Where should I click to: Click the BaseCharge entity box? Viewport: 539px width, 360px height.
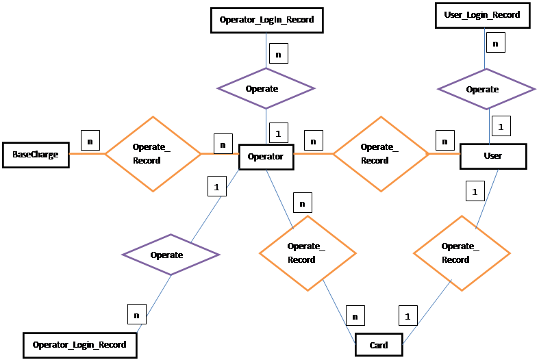coord(35,155)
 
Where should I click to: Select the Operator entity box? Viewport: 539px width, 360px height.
coord(266,157)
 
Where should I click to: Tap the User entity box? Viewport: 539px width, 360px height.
coord(492,156)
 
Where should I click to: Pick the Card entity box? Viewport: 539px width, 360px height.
coord(379,345)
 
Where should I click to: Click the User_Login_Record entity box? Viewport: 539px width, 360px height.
coord(483,15)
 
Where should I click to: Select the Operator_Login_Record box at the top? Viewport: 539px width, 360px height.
coord(266,20)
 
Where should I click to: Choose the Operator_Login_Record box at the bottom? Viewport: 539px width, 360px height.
coord(79,344)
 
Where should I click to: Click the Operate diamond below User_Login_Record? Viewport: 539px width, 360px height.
coord(486,89)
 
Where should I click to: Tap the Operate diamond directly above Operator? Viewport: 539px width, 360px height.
coord(266,88)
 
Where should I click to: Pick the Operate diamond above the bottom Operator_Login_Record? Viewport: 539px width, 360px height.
coord(171,255)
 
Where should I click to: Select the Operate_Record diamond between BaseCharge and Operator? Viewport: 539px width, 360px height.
coord(152,154)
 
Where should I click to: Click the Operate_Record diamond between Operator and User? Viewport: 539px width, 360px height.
coord(380,154)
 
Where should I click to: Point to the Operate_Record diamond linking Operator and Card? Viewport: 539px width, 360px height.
coord(307,253)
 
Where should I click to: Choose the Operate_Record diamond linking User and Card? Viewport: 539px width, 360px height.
coord(461,253)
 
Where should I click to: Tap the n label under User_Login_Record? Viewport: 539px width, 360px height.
coord(495,43)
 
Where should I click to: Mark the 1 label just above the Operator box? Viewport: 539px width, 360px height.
coord(278,134)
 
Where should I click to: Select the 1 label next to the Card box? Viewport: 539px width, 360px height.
coord(408,316)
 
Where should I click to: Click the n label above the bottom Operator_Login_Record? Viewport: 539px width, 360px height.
coord(137,316)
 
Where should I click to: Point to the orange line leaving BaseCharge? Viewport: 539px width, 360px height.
coord(86,154)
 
